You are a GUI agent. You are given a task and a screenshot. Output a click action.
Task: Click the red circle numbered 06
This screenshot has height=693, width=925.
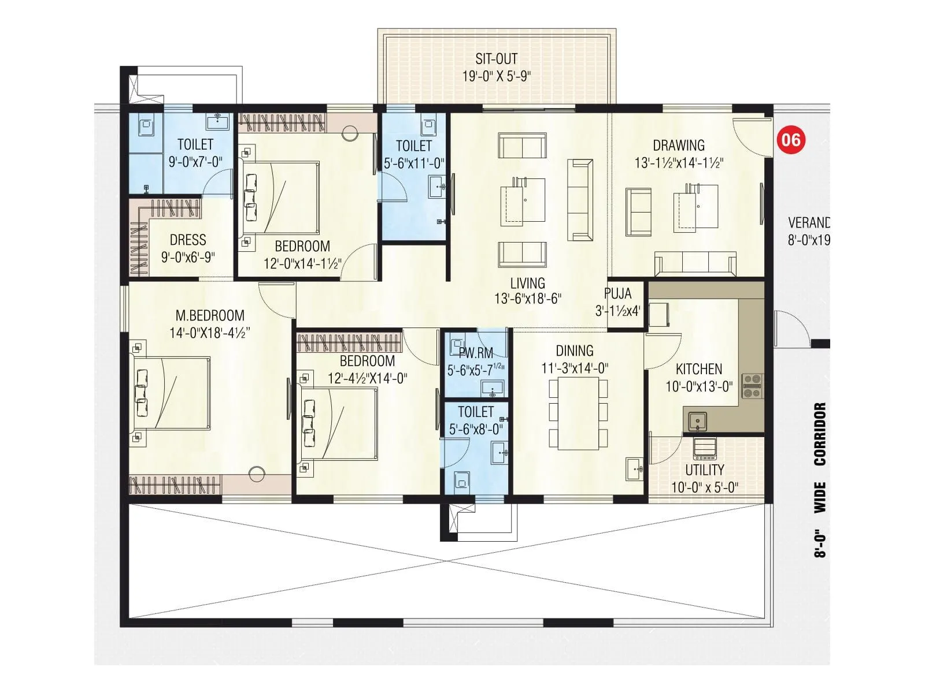click(790, 140)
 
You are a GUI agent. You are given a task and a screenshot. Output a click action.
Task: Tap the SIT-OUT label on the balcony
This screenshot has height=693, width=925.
click(496, 59)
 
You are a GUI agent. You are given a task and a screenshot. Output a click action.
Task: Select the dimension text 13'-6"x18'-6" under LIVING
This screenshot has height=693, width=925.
click(528, 299)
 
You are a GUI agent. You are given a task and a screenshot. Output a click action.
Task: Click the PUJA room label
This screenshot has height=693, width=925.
click(617, 293)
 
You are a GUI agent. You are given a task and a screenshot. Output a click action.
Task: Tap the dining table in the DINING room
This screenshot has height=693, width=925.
click(578, 413)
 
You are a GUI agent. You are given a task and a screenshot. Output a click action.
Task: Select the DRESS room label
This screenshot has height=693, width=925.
click(188, 240)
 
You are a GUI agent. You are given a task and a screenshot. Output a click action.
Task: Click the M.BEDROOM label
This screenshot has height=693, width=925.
click(210, 315)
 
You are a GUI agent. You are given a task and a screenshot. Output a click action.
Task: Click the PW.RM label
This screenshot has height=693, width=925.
click(476, 353)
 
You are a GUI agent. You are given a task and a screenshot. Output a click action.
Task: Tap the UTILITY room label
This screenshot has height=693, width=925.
click(704, 470)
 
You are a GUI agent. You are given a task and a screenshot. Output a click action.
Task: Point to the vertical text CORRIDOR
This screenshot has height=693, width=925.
click(820, 434)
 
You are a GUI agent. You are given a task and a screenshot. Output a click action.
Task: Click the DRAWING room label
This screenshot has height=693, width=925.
click(679, 146)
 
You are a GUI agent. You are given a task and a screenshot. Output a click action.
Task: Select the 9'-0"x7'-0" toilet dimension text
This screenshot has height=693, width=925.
click(195, 162)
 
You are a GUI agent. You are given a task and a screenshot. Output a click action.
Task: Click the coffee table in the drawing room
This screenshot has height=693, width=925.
click(696, 207)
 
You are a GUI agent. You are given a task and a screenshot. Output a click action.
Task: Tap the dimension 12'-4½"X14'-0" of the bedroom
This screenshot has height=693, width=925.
click(367, 379)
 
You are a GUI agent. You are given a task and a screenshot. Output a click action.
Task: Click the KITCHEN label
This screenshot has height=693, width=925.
click(699, 369)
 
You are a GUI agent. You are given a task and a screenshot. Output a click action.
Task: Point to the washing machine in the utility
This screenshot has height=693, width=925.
click(704, 448)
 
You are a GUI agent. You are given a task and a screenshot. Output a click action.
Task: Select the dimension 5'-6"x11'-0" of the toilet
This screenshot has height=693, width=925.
click(414, 163)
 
